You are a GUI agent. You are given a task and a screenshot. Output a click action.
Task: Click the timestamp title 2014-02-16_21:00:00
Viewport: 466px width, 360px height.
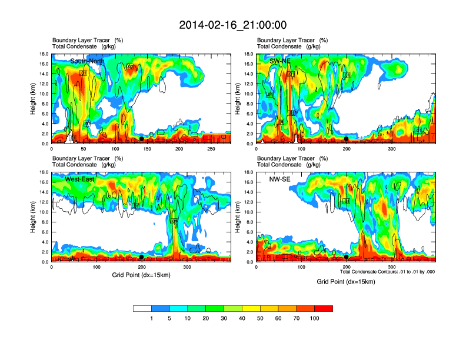pyautogui.click(x=232, y=25)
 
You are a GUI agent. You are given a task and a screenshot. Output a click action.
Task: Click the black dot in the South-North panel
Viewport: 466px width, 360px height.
pyautogui.click(x=141, y=139)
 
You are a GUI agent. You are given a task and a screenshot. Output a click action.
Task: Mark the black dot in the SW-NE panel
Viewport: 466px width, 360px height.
pyautogui.click(x=347, y=139)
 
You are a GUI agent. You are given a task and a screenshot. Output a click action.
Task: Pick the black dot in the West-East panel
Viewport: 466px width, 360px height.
pyautogui.click(x=141, y=257)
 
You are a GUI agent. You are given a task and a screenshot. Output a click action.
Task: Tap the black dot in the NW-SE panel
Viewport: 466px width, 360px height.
pyautogui.click(x=347, y=257)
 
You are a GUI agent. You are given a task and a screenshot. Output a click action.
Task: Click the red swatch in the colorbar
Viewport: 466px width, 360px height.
pyautogui.click(x=324, y=308)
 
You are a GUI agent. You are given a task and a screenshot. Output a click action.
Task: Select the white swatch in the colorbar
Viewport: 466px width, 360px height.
pyautogui.click(x=142, y=308)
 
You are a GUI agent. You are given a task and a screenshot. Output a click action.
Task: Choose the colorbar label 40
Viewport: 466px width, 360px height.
pyautogui.click(x=242, y=318)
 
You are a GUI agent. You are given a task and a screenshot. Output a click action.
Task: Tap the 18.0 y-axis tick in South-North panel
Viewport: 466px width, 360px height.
pyautogui.click(x=44, y=54)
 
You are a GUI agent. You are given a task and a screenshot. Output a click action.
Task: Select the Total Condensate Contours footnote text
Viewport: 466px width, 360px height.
pyautogui.click(x=387, y=272)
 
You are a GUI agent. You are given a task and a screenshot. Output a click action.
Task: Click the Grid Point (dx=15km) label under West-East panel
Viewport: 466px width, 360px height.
pyautogui.click(x=141, y=275)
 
